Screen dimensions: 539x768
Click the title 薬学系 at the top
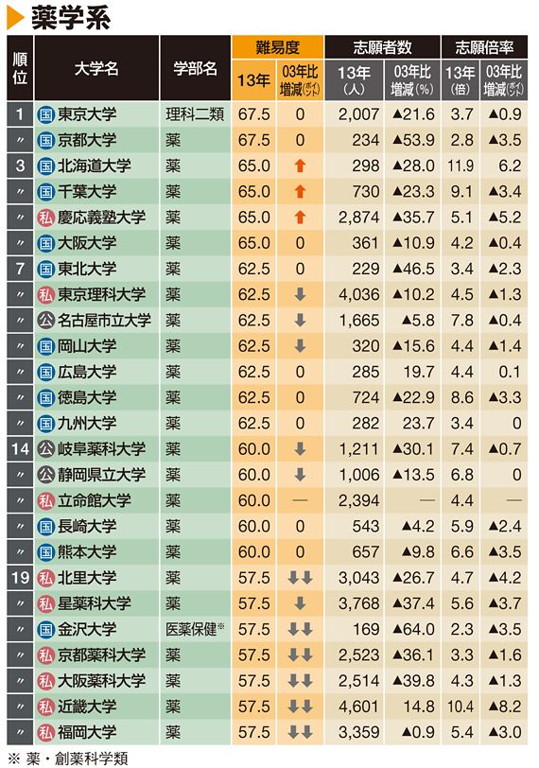(x=72, y=18)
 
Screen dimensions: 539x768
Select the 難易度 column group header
(x=277, y=47)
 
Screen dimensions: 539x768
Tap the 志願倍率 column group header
(x=484, y=47)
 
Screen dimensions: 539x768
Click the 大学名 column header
(x=96, y=68)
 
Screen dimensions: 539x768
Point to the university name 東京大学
(x=87, y=114)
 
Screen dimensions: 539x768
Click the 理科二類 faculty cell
(x=195, y=114)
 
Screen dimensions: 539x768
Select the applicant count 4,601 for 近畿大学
(x=358, y=707)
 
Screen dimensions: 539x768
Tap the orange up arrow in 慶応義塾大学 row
(x=300, y=218)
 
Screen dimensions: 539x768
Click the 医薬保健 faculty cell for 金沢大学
(x=195, y=629)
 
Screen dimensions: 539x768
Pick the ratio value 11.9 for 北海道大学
(x=461, y=166)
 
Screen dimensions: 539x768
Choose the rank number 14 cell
(x=20, y=449)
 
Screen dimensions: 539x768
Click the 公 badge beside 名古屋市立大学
(x=45, y=321)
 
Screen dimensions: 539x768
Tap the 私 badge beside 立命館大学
(x=45, y=500)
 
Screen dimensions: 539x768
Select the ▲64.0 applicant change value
(x=413, y=629)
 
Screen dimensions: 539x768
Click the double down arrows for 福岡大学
(x=300, y=732)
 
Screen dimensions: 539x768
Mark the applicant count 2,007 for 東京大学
(x=358, y=114)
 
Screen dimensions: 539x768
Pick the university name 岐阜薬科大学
(x=102, y=449)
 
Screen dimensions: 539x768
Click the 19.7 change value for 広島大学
(x=419, y=373)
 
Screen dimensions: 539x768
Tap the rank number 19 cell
(x=20, y=578)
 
